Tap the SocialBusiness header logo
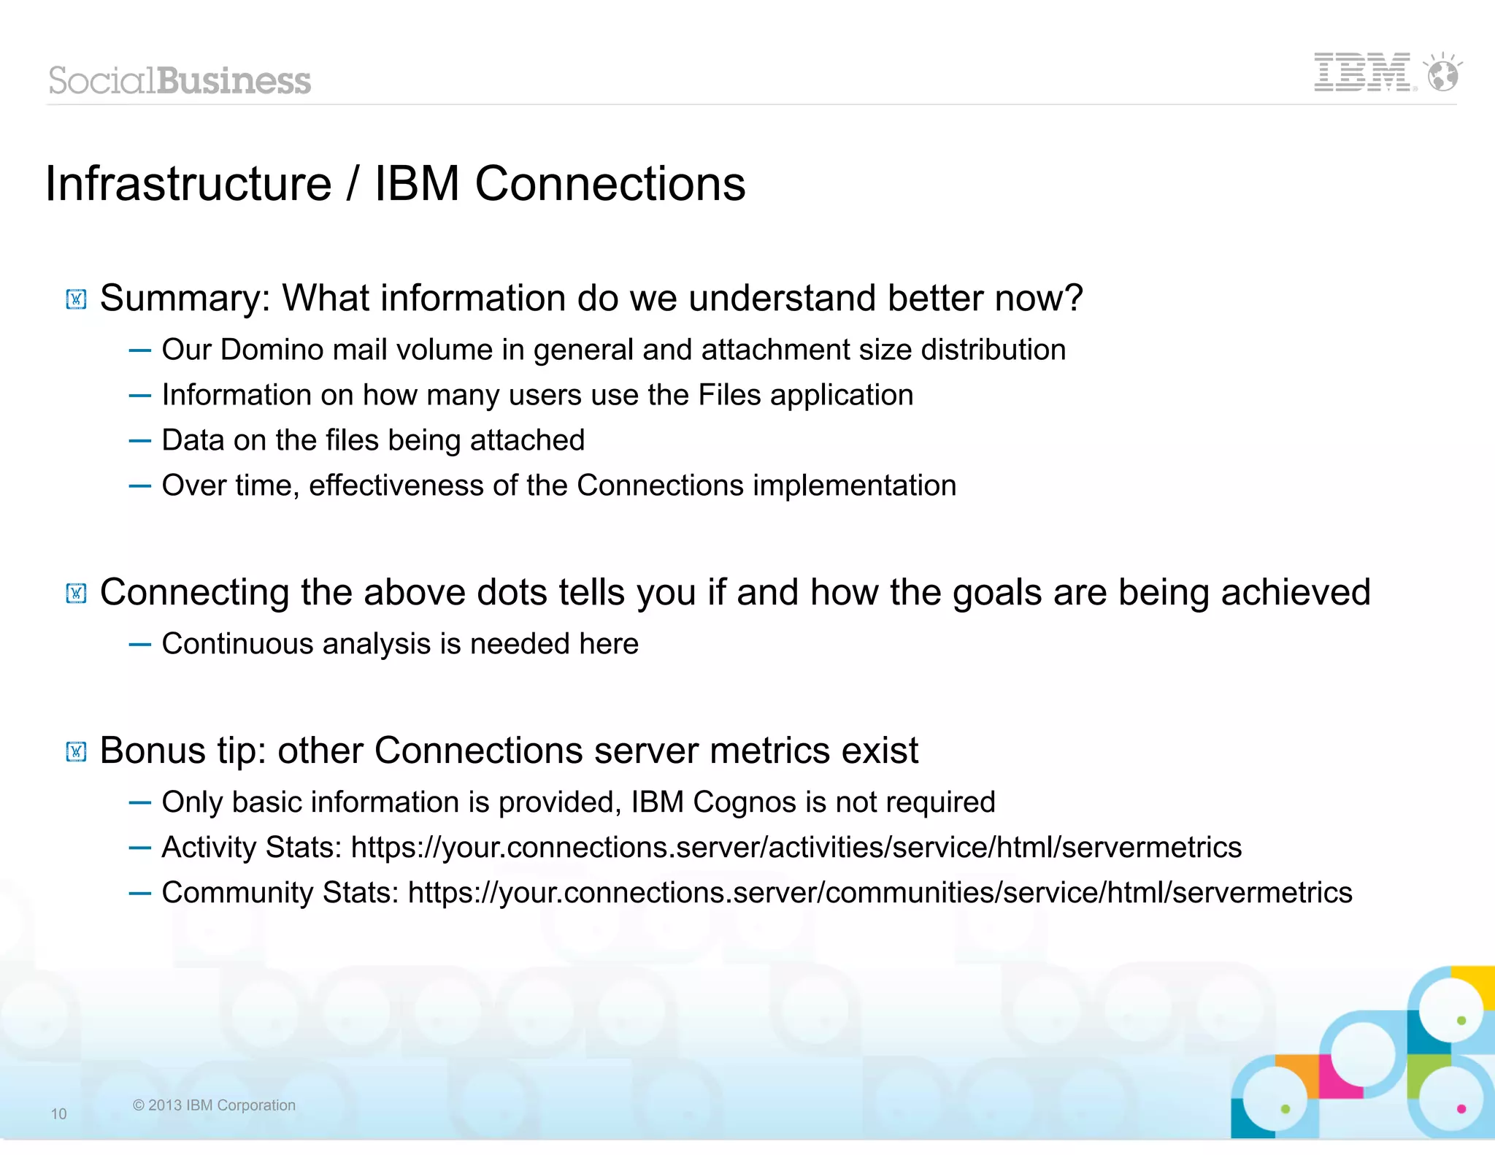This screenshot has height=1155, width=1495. (x=180, y=80)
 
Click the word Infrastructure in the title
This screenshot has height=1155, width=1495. (x=188, y=183)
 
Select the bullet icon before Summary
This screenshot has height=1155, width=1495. (x=76, y=299)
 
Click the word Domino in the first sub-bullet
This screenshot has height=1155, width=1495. (x=272, y=350)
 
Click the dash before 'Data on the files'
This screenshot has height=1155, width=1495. (x=139, y=441)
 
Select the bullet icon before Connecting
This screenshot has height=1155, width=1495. (x=76, y=594)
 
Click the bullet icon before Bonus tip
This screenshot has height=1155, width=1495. (x=76, y=751)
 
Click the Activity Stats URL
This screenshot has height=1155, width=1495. (x=796, y=848)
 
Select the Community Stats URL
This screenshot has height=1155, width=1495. (x=880, y=893)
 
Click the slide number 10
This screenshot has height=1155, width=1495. (x=58, y=1113)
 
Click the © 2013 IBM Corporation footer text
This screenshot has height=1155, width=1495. (x=214, y=1105)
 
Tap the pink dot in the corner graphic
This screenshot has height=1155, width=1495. (x=1461, y=1109)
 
